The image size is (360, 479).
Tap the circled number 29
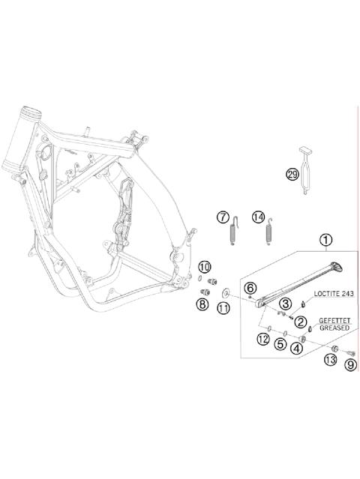(292, 175)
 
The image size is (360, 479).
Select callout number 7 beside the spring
(223, 217)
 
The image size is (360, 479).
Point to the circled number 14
(259, 217)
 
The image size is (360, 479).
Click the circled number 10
(205, 267)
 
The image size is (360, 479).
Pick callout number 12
(262, 340)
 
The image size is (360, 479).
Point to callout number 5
(280, 344)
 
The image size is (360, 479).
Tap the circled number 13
(329, 361)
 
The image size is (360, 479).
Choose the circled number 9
(349, 365)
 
